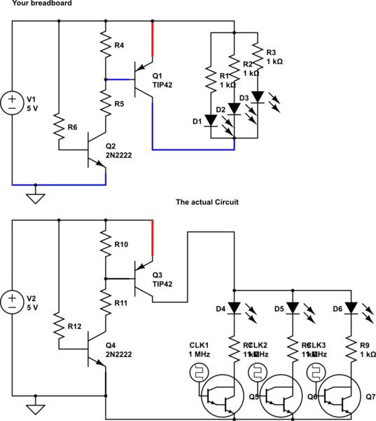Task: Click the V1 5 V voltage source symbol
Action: (13, 103)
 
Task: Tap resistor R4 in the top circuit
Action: (104, 44)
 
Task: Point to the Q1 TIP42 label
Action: (162, 79)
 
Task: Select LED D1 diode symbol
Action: (209, 121)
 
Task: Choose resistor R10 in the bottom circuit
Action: (104, 243)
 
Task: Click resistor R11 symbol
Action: (104, 302)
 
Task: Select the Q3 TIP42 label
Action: (162, 278)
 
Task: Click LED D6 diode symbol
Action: (350, 307)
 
